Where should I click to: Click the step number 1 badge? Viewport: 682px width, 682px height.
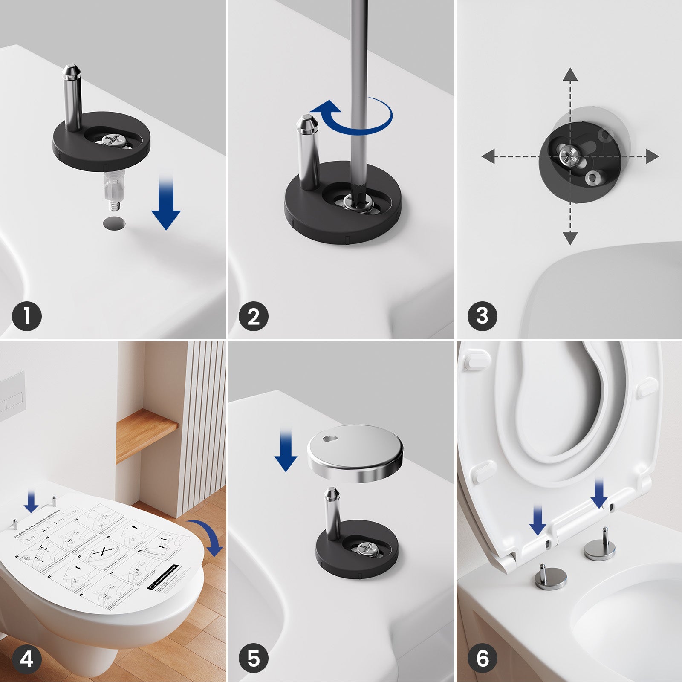[27, 316]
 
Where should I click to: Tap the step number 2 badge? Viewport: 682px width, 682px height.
[254, 316]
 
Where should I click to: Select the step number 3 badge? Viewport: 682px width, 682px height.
[482, 316]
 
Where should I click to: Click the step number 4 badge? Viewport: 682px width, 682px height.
[27, 659]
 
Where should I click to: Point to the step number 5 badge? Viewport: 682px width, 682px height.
[254, 659]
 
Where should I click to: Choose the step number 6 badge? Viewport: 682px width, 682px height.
[482, 659]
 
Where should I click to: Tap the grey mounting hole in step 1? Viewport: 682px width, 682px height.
[115, 223]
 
